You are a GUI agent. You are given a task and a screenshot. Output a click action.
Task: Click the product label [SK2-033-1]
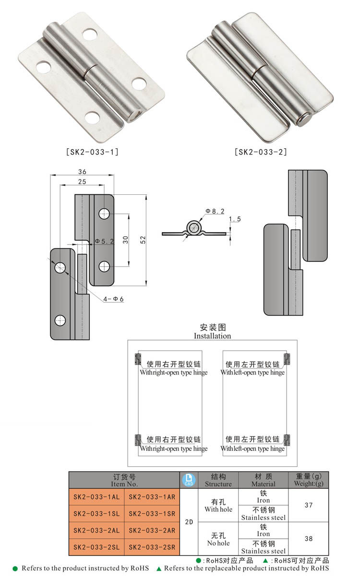coord(92,152)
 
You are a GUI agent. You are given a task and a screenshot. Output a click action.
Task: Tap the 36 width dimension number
coord(82,172)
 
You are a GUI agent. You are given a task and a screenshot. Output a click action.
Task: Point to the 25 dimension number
coord(82,181)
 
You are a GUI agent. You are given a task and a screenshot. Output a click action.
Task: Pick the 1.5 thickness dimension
coord(235,219)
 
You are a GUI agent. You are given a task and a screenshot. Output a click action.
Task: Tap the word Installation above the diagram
coord(212,336)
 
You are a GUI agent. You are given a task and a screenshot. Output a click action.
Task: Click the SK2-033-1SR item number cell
coord(152,514)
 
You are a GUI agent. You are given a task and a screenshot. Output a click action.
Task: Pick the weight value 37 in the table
coord(308,505)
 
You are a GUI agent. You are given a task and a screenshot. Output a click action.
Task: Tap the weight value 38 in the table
coord(308,539)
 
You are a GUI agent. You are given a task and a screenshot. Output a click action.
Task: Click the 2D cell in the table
coord(188,522)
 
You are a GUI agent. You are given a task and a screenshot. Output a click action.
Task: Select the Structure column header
coord(218,480)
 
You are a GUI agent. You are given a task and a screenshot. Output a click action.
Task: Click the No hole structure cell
coord(218,539)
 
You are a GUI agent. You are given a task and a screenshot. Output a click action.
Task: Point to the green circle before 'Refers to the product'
coord(15,568)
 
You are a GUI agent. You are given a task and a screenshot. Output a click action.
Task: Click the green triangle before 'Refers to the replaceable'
coord(159,568)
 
